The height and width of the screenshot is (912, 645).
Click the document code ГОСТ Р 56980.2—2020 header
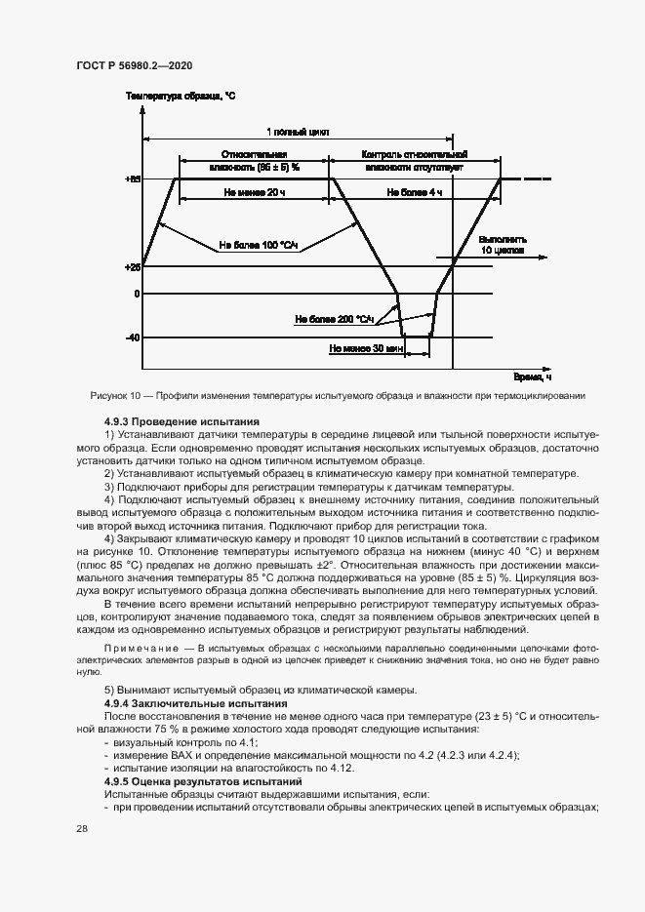[134, 65]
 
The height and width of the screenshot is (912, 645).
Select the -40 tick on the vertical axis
[133, 337]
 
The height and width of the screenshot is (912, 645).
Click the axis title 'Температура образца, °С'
[180, 97]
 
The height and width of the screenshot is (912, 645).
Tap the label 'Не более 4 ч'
[415, 193]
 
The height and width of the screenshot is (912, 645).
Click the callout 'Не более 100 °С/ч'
[258, 245]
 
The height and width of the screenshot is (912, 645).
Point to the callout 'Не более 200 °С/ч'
[335, 318]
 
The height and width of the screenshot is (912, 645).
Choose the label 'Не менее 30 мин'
[367, 348]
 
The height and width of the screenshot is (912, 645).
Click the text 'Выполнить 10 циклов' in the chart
[503, 245]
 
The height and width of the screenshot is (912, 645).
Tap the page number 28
[82, 828]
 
